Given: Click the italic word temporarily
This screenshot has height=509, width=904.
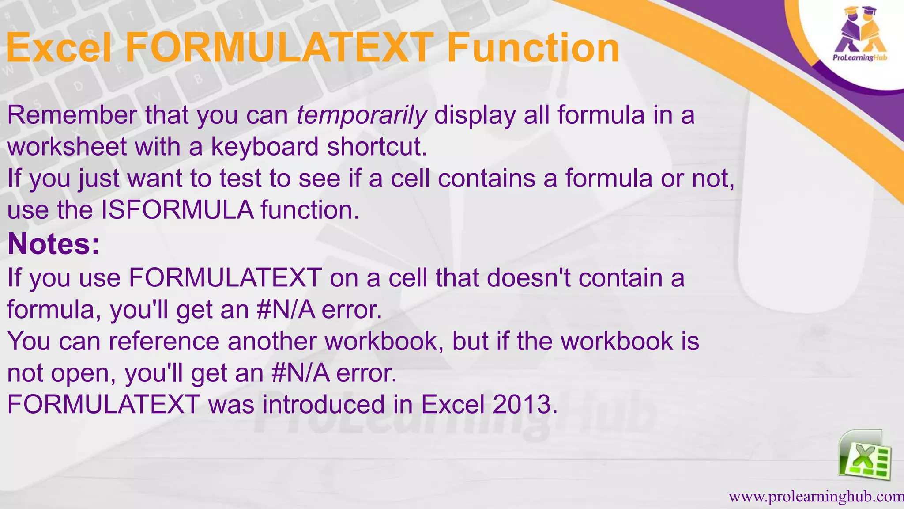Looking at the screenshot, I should [x=362, y=116].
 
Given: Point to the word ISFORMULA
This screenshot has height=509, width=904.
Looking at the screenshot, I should [x=177, y=210].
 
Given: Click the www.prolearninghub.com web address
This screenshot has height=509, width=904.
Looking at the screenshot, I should [x=816, y=497].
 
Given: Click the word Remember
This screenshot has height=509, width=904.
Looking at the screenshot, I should [x=72, y=116].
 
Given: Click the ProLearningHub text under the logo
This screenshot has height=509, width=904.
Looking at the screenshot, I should [x=860, y=58].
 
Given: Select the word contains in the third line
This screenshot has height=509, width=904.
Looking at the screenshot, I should [x=485, y=179].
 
